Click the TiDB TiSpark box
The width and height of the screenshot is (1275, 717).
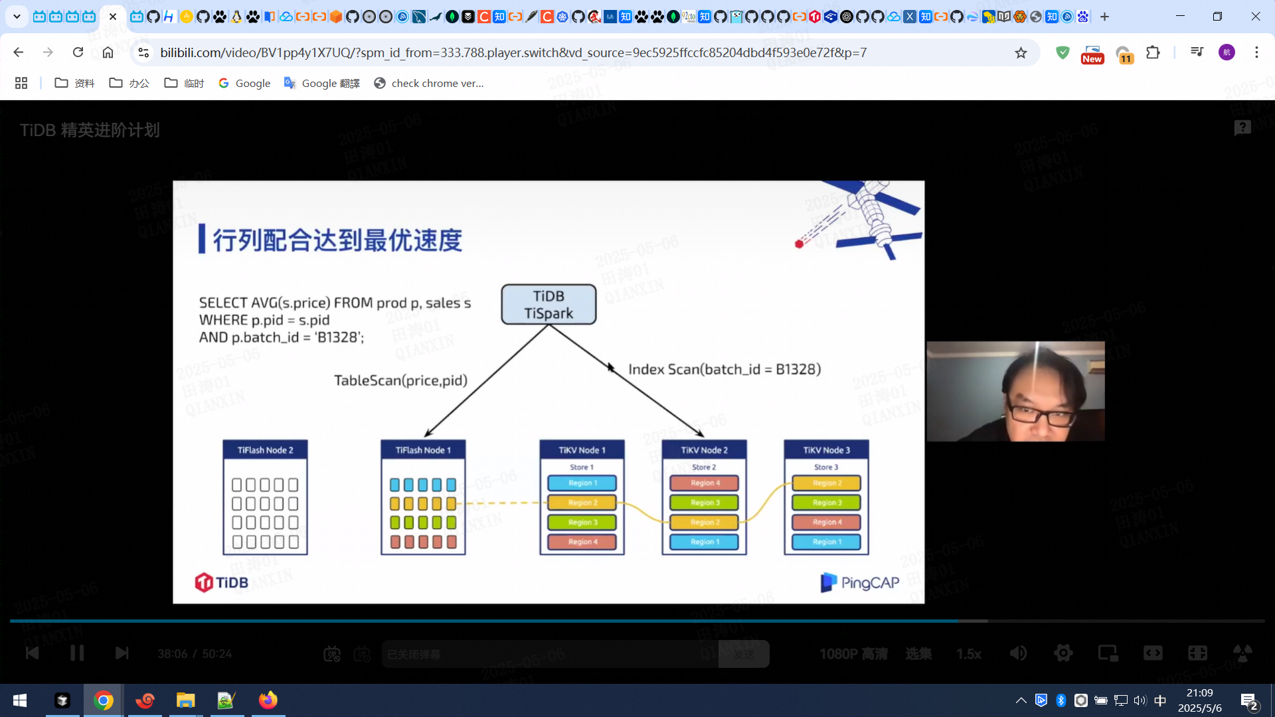(549, 305)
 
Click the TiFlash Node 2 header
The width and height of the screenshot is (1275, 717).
(265, 450)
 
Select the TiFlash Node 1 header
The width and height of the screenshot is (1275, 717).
(423, 450)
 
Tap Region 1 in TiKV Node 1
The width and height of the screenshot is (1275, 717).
(582, 483)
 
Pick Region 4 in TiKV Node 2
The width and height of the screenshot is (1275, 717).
(704, 483)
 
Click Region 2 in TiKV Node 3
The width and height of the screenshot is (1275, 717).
(826, 483)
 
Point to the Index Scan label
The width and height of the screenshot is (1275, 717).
(724, 369)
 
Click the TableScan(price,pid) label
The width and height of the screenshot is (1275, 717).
(400, 380)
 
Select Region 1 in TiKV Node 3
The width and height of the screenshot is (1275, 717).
(826, 542)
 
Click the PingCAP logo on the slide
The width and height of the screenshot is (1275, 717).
(860, 582)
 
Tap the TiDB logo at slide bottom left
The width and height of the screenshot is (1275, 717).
(221, 582)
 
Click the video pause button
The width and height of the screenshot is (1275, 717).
(77, 653)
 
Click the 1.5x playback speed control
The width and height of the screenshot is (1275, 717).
(968, 654)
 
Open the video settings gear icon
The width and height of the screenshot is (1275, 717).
(1062, 653)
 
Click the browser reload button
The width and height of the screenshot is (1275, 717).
(78, 52)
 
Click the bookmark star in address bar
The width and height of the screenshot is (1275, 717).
(1021, 52)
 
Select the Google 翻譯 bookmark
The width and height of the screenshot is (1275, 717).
(322, 83)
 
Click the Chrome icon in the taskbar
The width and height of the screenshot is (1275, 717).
(103, 700)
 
